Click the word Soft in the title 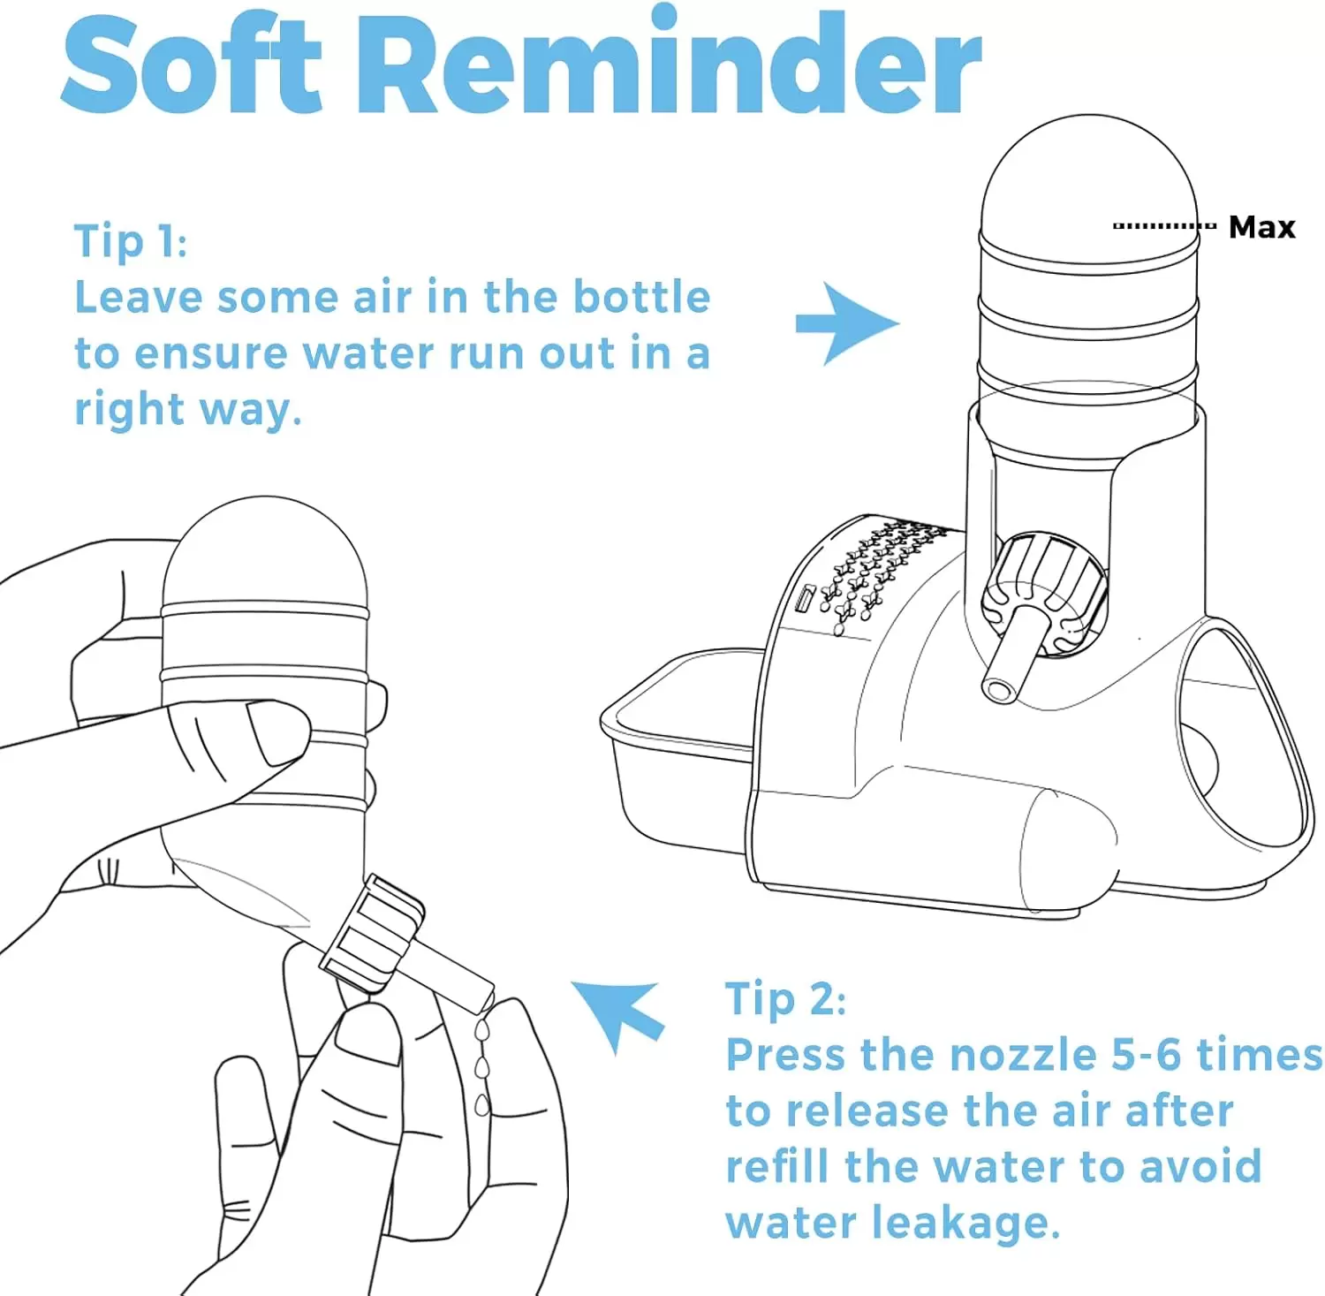[x=192, y=64]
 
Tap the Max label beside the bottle [x=1261, y=227]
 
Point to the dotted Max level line [x=1164, y=226]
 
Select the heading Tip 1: [x=131, y=240]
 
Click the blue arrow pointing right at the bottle [x=846, y=323]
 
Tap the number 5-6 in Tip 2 [x=1146, y=1055]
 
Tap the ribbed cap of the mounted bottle [x=1045, y=595]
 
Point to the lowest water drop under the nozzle [x=481, y=1104]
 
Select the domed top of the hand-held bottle [x=265, y=552]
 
